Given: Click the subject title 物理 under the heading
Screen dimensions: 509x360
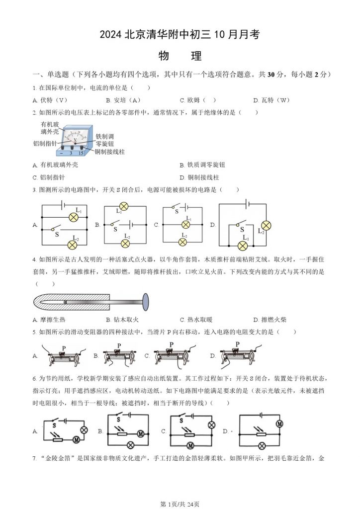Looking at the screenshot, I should point(180,56).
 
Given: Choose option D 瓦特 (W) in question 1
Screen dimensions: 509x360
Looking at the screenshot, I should point(271,100).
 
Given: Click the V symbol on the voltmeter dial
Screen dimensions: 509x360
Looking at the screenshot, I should point(75,140).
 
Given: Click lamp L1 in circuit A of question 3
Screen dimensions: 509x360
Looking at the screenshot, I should point(75,217).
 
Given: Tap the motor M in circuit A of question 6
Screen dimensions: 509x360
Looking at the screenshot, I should point(76,439).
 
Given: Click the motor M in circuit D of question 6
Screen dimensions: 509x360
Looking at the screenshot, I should point(279,424).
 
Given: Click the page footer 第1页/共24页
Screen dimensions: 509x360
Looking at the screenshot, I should point(180,503).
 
